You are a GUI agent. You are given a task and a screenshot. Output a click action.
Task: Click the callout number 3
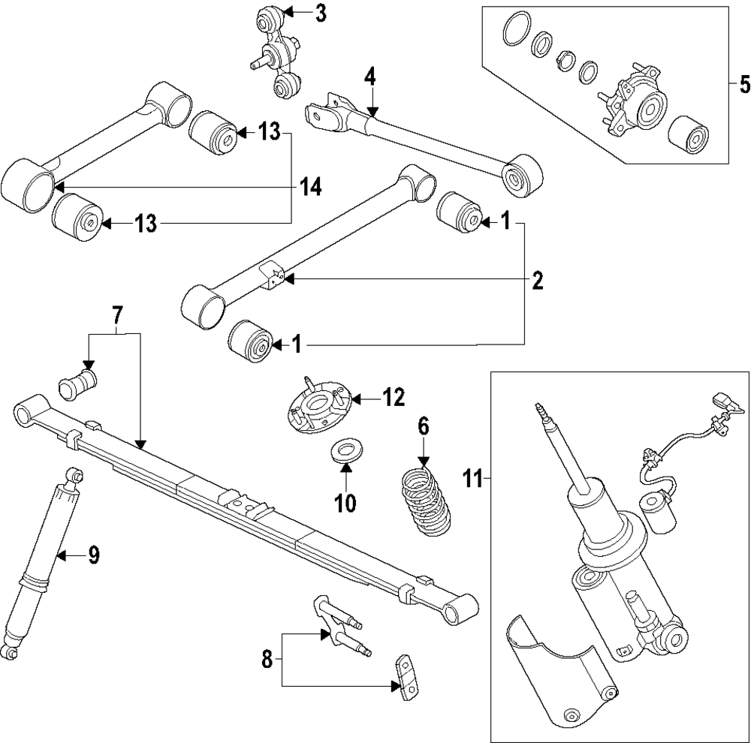(321, 13)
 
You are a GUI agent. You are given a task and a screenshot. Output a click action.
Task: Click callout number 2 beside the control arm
(537, 281)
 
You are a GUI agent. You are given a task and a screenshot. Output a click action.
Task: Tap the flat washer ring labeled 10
(345, 453)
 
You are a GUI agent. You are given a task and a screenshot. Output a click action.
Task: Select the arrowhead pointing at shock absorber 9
(63, 555)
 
